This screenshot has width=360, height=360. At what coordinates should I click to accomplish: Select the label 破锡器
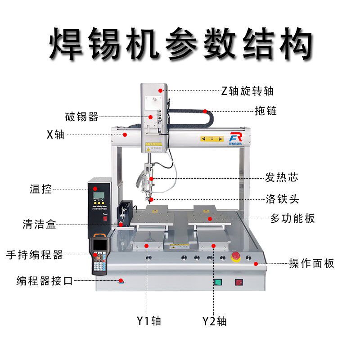[81, 117]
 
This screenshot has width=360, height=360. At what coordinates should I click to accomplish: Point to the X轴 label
[55, 134]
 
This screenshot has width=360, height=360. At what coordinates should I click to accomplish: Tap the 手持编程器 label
[35, 255]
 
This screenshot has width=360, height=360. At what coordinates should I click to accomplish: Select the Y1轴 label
[148, 321]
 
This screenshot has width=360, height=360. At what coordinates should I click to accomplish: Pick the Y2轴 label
[214, 321]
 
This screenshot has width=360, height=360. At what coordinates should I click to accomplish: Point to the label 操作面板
[311, 263]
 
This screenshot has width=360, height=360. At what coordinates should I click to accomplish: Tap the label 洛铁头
[282, 198]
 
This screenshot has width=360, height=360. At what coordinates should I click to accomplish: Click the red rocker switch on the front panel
[239, 283]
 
